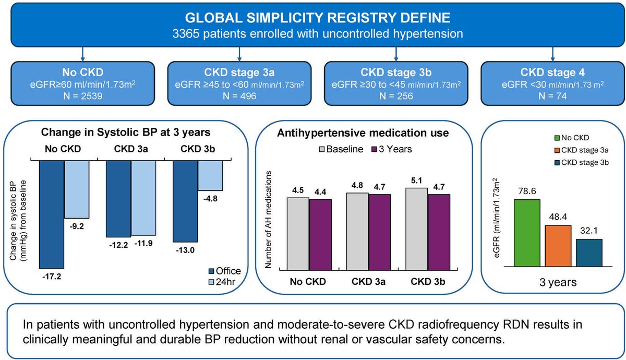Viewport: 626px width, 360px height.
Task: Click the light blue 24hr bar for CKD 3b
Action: pyautogui.click(x=210, y=175)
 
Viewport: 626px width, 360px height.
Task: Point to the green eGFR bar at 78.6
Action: pyautogui.click(x=527, y=232)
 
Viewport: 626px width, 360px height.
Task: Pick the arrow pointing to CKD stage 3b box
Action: pyautogui.click(x=395, y=53)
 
